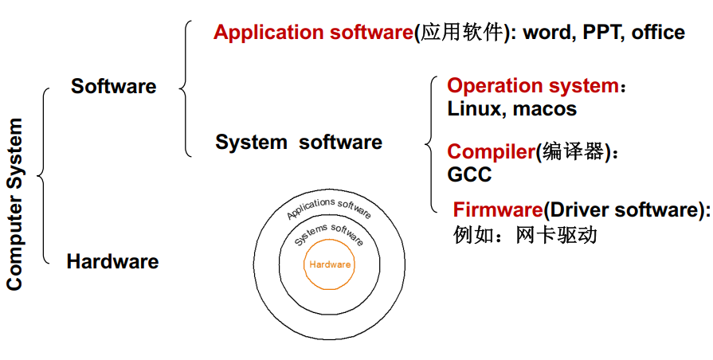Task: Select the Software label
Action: click(114, 87)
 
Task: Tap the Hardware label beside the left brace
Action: click(112, 261)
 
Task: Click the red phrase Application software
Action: click(312, 33)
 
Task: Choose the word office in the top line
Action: click(658, 33)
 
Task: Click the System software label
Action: click(299, 143)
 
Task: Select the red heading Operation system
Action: click(532, 86)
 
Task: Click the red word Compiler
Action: click(490, 152)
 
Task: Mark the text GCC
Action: click(469, 174)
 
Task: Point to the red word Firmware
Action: click(498, 210)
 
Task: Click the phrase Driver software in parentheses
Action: click(622, 210)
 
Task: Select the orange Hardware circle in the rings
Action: click(330, 264)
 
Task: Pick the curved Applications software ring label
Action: click(329, 208)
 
